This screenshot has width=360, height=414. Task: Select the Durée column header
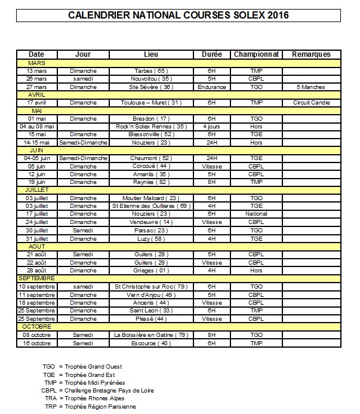(212, 54)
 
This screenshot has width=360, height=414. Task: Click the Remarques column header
(311, 54)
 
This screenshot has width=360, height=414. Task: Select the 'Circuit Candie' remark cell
(311, 103)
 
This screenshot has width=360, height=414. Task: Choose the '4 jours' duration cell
(212, 127)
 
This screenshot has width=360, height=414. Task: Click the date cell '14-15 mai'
(36, 143)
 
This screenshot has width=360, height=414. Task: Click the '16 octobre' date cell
(36, 343)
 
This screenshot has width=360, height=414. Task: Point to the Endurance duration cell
(212, 87)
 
